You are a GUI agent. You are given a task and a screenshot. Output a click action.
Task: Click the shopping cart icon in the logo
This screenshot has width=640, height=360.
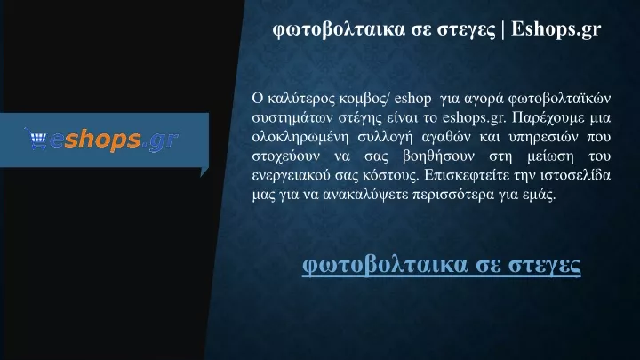pyautogui.click(x=36, y=139)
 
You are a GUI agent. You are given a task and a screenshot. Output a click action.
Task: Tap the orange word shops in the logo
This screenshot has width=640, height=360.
pyautogui.click(x=102, y=140)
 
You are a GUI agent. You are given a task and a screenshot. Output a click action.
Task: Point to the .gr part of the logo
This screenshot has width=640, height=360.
pyautogui.click(x=160, y=141)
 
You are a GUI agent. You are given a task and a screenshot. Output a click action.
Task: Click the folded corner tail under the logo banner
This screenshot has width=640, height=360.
pyautogui.click(x=204, y=172)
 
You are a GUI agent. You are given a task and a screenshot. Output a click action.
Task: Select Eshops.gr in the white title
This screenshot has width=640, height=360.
pyautogui.click(x=556, y=29)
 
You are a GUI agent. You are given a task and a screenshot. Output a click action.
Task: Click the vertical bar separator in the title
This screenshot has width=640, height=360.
pyautogui.click(x=502, y=29)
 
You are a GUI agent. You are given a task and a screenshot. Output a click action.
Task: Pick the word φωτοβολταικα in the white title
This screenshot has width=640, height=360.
pyautogui.click(x=339, y=30)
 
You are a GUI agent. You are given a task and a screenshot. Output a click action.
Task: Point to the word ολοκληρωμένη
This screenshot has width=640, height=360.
pyautogui.click(x=300, y=137)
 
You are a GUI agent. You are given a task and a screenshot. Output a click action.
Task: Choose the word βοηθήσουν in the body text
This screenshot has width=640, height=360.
pyautogui.click(x=438, y=156)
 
